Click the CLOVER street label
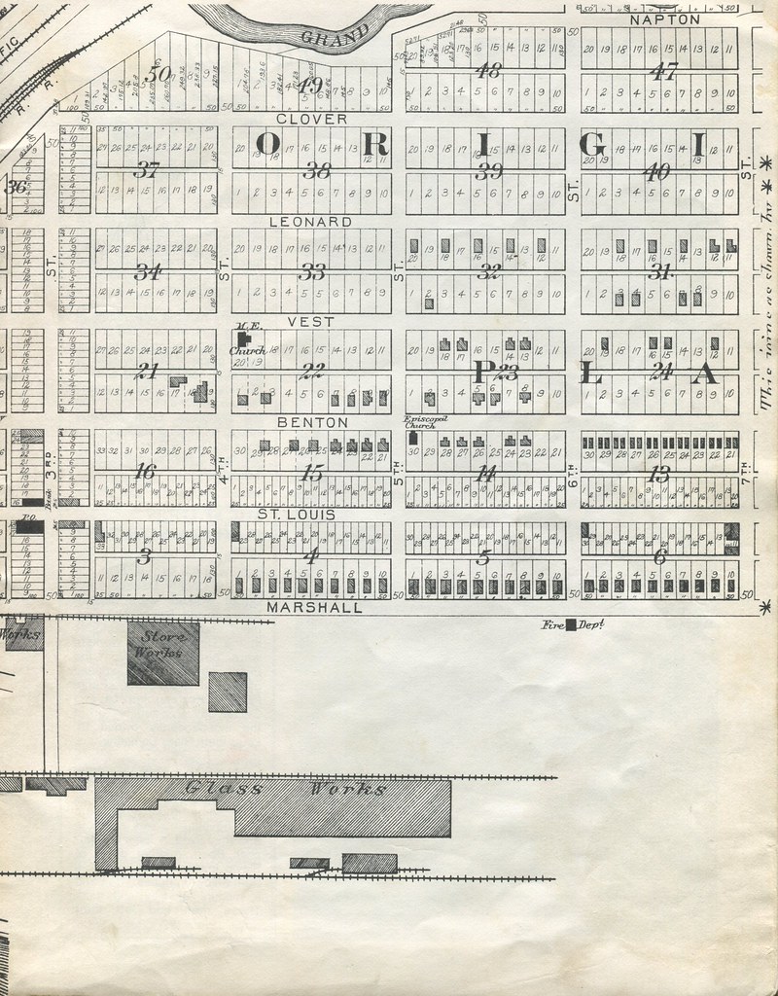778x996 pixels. (x=311, y=119)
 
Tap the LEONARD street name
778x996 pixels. (x=311, y=222)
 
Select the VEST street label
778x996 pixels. (x=311, y=321)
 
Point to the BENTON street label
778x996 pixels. (x=311, y=423)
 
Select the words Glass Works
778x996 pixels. (x=286, y=789)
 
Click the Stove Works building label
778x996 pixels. (x=163, y=645)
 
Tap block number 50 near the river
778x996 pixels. (x=157, y=73)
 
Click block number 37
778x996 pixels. (x=147, y=170)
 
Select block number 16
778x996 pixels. (x=147, y=472)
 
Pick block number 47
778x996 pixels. (x=665, y=71)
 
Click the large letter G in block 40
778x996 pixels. (x=592, y=144)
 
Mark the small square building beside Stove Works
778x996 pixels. (x=228, y=692)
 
